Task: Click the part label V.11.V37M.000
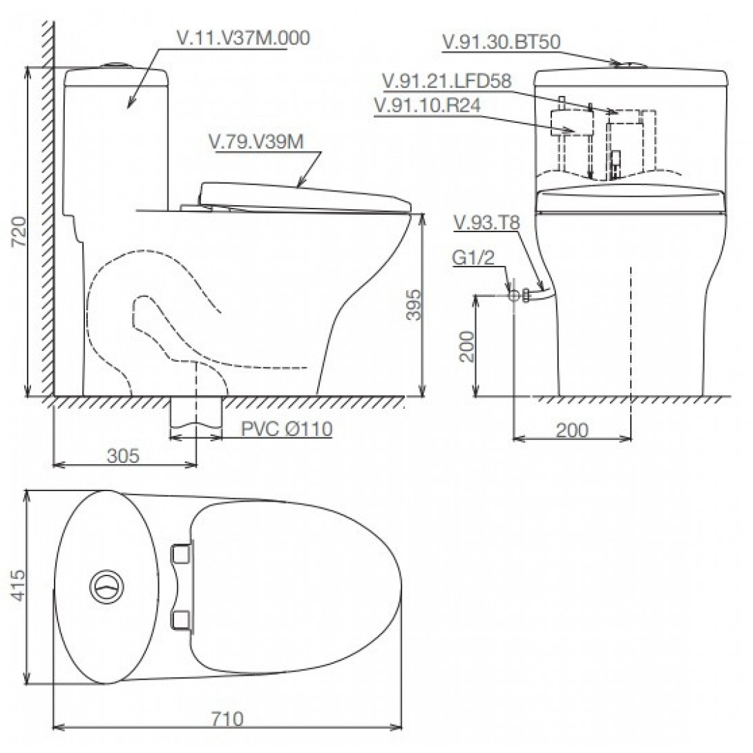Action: point(243,38)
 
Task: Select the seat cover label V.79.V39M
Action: point(256,142)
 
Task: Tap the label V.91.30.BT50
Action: point(502,41)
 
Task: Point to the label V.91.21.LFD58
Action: point(446,81)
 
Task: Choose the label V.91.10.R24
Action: point(427,105)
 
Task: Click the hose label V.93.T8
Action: point(486,223)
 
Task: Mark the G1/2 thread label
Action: point(473,258)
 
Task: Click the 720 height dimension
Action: point(19,231)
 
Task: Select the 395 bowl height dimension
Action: point(413,305)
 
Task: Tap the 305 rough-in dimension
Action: point(124,455)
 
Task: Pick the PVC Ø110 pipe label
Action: point(287,428)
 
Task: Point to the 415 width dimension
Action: point(18,585)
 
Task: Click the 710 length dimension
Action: point(228,719)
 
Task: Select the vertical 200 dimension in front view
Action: point(466,346)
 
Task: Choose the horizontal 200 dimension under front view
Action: point(573,430)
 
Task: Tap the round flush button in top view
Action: point(106,587)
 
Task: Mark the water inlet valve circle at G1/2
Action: point(514,296)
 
